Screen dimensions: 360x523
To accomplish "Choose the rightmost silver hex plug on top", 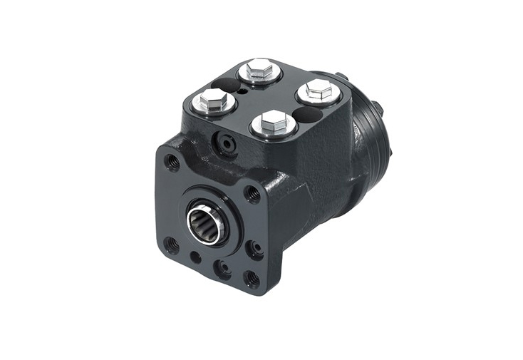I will [x=318, y=91].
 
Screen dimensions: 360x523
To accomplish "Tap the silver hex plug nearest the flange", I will [x=274, y=124].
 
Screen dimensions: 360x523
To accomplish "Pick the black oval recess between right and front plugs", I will [x=306, y=114].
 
